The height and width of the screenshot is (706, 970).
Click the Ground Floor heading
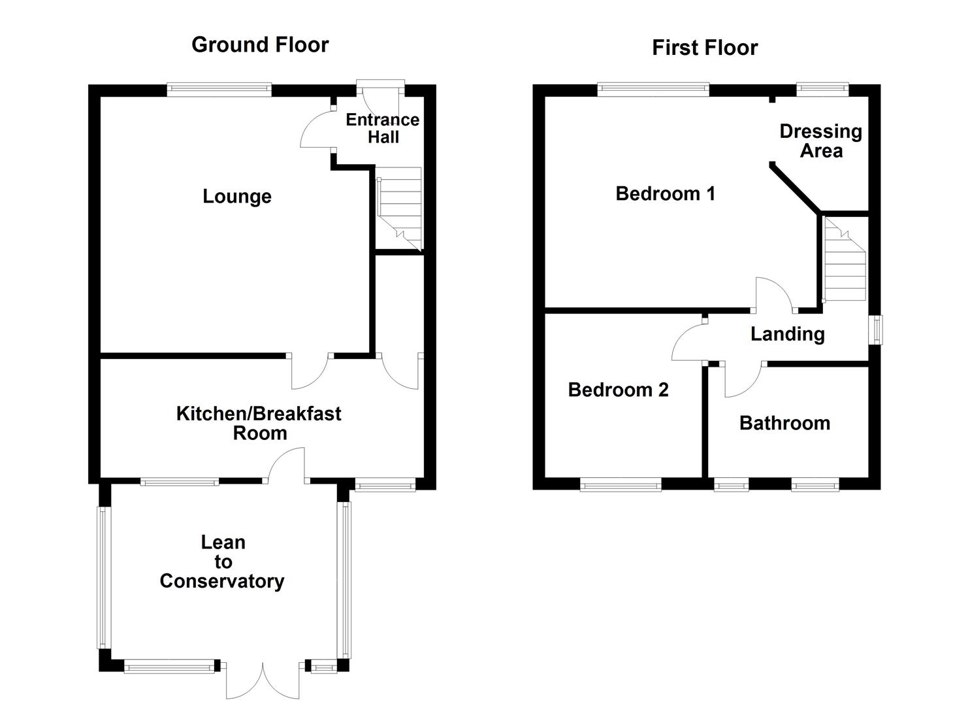(260, 44)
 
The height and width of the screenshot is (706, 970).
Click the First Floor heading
(705, 48)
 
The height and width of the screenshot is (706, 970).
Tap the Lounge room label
(236, 196)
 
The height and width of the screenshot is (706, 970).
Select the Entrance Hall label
(383, 128)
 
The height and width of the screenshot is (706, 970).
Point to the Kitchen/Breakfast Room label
(259, 423)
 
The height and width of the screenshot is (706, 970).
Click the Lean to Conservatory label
(222, 562)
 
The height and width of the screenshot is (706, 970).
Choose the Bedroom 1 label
(665, 193)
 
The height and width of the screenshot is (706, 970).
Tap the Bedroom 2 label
(618, 390)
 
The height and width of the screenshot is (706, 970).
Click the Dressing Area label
(820, 141)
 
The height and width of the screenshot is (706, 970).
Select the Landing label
(787, 334)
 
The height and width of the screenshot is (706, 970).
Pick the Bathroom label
(784, 423)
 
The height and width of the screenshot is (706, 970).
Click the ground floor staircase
(399, 208)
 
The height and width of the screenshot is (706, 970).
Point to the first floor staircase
(844, 260)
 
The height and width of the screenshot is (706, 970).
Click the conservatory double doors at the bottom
(263, 682)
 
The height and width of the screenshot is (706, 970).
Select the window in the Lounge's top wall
(219, 90)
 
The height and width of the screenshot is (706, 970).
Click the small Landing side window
(876, 330)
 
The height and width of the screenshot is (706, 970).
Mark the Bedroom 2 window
(621, 484)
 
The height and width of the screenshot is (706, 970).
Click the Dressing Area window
(822, 90)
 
